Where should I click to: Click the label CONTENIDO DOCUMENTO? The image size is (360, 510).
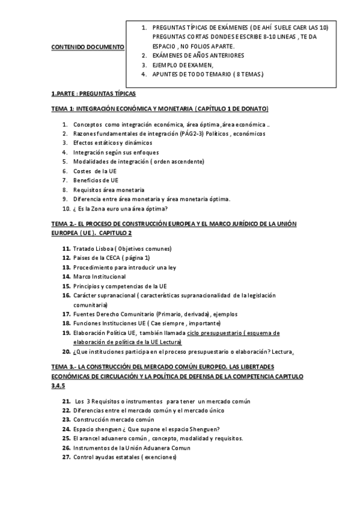[88, 46]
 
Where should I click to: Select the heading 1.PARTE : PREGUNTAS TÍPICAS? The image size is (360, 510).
[94, 94]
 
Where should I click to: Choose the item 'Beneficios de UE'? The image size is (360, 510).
[96, 180]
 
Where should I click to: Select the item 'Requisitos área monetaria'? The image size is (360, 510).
[109, 190]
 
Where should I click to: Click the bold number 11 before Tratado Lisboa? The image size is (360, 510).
[66, 249]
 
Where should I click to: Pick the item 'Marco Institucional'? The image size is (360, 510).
[100, 277]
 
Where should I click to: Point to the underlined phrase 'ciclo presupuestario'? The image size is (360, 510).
[213, 333]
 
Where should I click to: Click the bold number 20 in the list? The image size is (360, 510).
[66, 352]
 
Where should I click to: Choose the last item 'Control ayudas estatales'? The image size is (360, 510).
[125, 457]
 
